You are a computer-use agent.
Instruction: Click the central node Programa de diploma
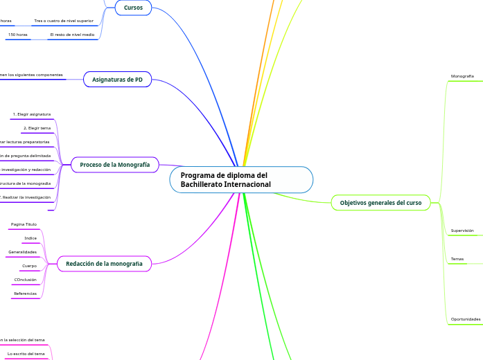point(240,180)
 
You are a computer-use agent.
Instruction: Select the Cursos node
point(133,8)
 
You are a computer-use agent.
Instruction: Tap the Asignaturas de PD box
point(117,80)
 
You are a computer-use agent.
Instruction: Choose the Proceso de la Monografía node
point(114,165)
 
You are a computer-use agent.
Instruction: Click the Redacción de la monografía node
point(104,264)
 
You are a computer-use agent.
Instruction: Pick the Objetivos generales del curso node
point(380,203)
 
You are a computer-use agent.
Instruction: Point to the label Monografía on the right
point(462,75)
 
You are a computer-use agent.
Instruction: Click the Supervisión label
point(462,230)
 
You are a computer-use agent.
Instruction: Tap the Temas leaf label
point(457,259)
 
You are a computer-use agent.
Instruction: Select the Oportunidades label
point(465,319)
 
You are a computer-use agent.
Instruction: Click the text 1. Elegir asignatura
point(32,114)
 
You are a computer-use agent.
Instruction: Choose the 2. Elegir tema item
point(37,128)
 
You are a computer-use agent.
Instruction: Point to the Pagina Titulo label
point(24,224)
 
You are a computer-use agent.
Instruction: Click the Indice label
point(30,238)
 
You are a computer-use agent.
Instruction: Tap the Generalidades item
point(22,252)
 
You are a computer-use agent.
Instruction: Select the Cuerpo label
point(29,266)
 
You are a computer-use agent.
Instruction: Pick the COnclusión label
point(26,280)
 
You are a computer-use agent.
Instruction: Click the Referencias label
point(25,294)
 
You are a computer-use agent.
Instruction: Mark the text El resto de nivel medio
point(72,34)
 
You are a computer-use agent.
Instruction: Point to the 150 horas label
point(17,34)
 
